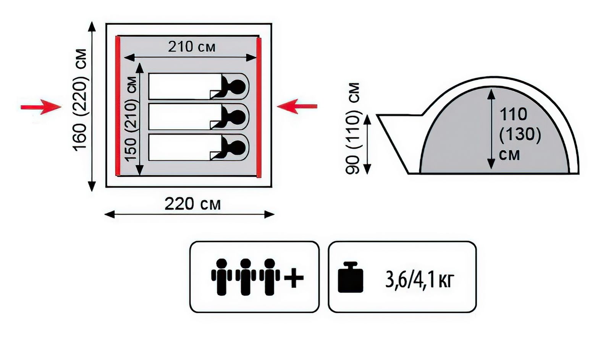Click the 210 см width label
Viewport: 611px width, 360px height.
pyautogui.click(x=192, y=47)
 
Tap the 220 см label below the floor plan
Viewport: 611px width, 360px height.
pyautogui.click(x=192, y=204)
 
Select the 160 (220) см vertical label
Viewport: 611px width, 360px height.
pyautogui.click(x=81, y=100)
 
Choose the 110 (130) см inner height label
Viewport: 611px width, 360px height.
pyautogui.click(x=520, y=134)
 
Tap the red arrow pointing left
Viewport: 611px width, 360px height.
pyautogui.click(x=297, y=106)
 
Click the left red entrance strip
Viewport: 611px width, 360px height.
pyautogui.click(x=118, y=106)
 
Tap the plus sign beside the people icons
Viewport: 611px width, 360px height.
pyautogui.click(x=294, y=277)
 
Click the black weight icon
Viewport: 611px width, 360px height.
pyautogui.click(x=350, y=278)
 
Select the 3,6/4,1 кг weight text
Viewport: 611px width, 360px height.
pyautogui.click(x=420, y=279)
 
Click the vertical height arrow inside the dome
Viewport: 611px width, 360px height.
pyautogui.click(x=491, y=129)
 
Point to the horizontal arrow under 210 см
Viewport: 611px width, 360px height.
pyautogui.click(x=190, y=58)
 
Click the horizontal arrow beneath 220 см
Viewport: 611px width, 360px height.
pyautogui.click(x=189, y=214)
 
